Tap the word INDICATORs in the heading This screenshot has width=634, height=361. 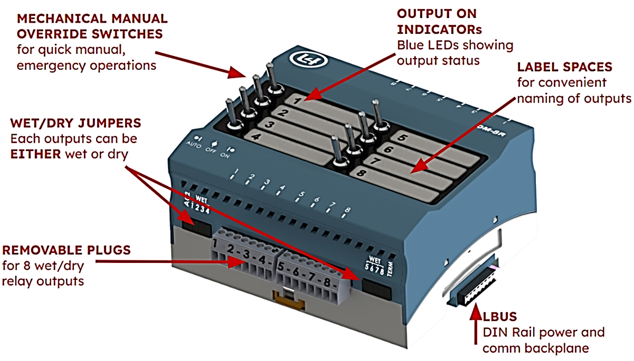pos(439,30)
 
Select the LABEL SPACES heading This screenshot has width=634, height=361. pos(564,67)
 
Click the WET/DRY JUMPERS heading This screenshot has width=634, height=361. pos(76,123)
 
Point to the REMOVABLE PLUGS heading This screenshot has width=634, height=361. pos(66,250)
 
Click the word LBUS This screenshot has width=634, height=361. pos(500,317)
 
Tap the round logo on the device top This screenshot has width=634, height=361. pos(308,60)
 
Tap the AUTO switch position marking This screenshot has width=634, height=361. pos(194,144)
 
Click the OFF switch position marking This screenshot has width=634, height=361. pos(211,149)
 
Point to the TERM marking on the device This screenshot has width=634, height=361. pos(390,268)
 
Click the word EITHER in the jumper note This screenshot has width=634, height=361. pos(36,155)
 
